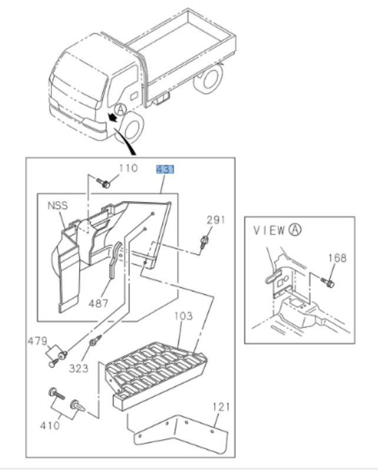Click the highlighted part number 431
click(x=165, y=170)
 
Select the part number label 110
click(x=128, y=168)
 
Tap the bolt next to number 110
click(x=105, y=184)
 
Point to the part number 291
click(x=215, y=220)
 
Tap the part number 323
click(x=78, y=368)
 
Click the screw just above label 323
click(x=92, y=343)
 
